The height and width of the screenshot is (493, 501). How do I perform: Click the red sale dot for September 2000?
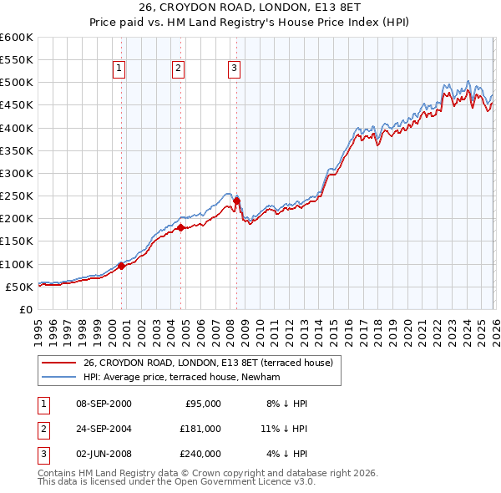coord(121,266)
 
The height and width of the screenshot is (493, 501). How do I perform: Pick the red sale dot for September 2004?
coord(180,226)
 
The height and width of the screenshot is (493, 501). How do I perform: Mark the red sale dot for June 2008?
coord(236,201)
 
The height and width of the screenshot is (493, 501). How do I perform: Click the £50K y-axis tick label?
coord(19,287)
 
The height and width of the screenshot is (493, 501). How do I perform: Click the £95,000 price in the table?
coord(202,403)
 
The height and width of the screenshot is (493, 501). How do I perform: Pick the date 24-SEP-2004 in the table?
coord(101,428)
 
